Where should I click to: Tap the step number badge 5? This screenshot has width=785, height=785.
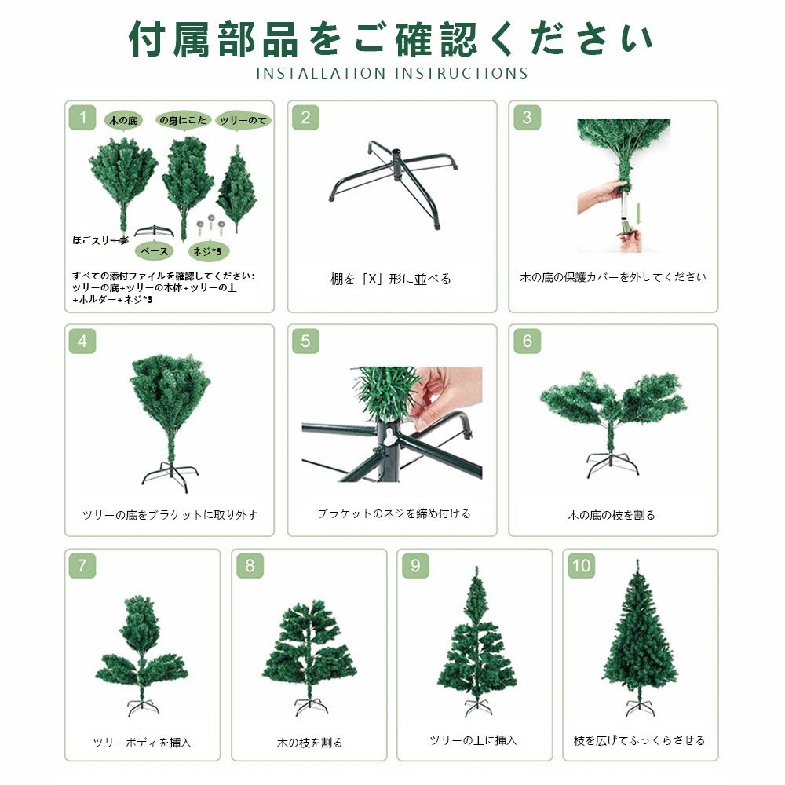click(305, 341)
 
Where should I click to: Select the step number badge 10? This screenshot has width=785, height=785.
click(581, 565)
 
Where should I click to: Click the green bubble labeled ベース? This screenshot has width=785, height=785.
click(154, 251)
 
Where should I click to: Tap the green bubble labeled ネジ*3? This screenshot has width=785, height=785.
click(211, 251)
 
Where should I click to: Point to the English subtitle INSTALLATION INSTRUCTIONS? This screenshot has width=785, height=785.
click(392, 74)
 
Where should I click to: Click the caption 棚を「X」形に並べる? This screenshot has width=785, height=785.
click(391, 279)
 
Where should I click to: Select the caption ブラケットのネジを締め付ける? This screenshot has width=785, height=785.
click(393, 513)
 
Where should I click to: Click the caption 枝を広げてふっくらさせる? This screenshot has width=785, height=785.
click(640, 739)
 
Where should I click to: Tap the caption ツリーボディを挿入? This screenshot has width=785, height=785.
click(142, 742)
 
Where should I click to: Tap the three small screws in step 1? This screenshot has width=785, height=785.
click(210, 224)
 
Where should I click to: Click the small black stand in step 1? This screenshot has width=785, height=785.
click(154, 230)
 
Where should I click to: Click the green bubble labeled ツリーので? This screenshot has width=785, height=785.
click(244, 120)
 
